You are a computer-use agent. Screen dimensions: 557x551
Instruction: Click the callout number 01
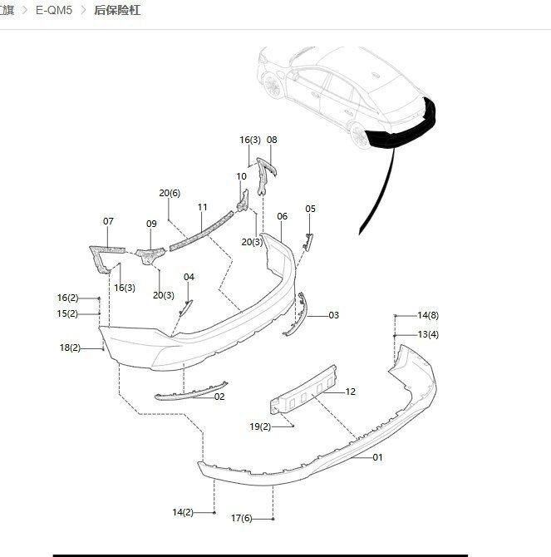click(x=377, y=457)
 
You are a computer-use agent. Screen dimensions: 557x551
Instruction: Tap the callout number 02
click(x=219, y=397)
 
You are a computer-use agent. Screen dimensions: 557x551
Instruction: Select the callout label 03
click(x=333, y=315)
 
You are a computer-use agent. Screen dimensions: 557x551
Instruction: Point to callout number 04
click(x=189, y=277)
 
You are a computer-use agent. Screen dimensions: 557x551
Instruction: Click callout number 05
click(x=310, y=209)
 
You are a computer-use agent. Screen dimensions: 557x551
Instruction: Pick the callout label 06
click(x=283, y=216)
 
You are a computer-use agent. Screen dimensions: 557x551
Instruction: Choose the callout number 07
click(x=108, y=221)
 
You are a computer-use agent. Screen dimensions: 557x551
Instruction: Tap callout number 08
click(x=272, y=140)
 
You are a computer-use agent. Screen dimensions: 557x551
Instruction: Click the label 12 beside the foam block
click(x=350, y=392)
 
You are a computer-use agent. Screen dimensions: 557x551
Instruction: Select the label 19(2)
click(x=260, y=426)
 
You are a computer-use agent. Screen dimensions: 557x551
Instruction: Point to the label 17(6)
click(x=241, y=519)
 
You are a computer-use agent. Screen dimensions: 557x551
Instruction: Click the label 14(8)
click(x=428, y=315)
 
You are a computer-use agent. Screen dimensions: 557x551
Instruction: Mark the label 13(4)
click(x=428, y=334)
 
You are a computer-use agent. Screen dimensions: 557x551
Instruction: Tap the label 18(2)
click(x=70, y=348)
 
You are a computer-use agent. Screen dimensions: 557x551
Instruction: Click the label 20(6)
click(x=170, y=193)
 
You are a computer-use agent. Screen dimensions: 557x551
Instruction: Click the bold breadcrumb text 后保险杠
click(x=116, y=12)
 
